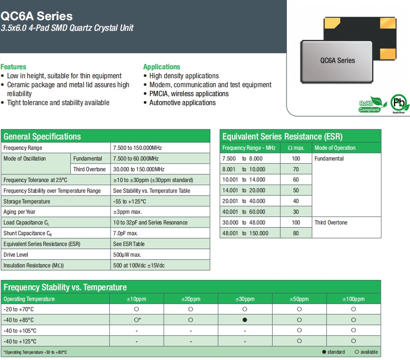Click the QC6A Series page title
click(37, 16)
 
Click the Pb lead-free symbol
click(398, 104)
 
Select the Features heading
click(13, 67)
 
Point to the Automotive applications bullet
click(182, 102)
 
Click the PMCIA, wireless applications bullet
click(189, 93)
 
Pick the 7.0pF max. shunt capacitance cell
click(125, 233)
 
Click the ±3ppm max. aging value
click(127, 212)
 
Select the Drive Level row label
click(16, 255)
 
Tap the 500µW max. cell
click(127, 255)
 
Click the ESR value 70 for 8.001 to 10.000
click(296, 169)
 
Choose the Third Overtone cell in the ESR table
click(331, 222)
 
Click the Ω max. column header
click(296, 148)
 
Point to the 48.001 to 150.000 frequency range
click(245, 233)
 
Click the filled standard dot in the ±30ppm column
click(245, 320)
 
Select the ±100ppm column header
click(354, 299)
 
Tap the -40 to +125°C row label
click(20, 341)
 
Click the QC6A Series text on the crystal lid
click(337, 60)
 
